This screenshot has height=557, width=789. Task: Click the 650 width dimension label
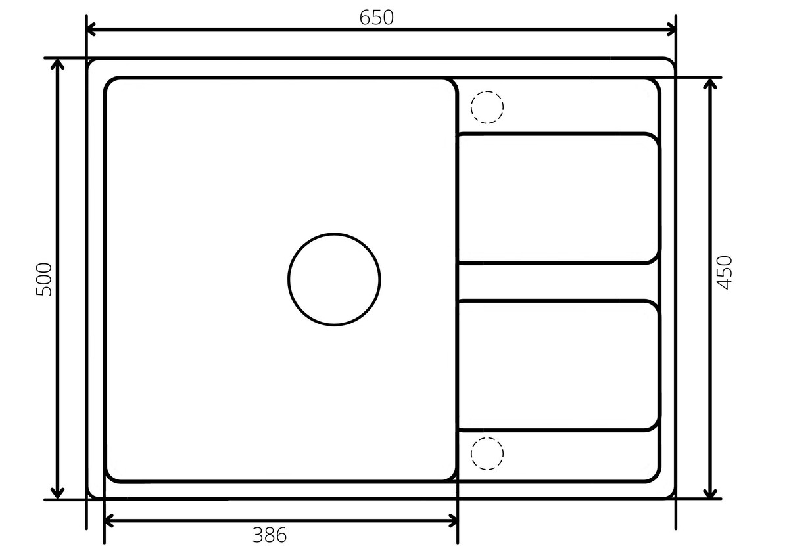376,17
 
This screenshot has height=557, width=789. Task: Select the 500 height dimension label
45,279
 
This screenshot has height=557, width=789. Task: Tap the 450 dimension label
725,273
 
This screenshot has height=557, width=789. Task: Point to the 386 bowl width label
270,535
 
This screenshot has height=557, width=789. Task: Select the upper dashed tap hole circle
487,91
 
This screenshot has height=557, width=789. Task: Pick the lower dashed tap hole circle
487,437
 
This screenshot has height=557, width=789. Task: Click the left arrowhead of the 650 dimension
91,30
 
